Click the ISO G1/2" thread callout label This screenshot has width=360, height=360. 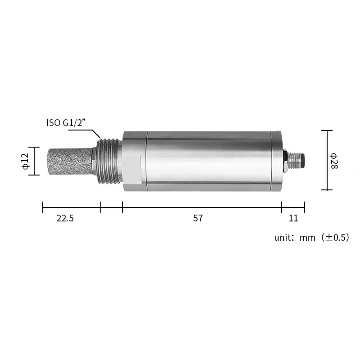(66, 122)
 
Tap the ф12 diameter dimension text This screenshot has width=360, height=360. (26, 161)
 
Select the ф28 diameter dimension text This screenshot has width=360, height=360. (333, 161)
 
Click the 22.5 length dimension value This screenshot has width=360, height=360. (65, 218)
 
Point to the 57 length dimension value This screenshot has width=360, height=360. (198, 218)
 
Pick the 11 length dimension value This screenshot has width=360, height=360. (293, 218)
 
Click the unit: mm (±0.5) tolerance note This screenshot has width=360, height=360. (312, 238)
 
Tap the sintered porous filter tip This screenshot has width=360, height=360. (71, 162)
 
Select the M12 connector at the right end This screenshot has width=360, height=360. (295, 161)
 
